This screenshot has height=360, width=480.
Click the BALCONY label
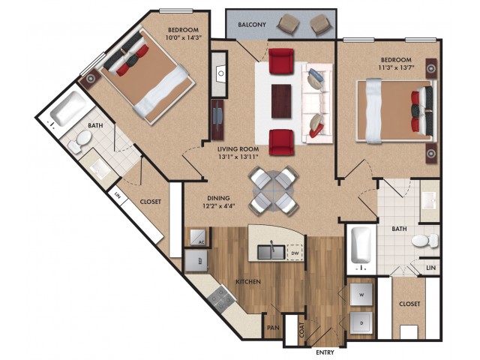pyautogui.click(x=252, y=25)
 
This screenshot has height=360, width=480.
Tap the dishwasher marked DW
pyautogui.click(x=295, y=253)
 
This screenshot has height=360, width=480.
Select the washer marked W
pyautogui.click(x=361, y=295)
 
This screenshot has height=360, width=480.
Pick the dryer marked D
pyautogui.click(x=361, y=323)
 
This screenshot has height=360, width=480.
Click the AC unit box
pyautogui.click(x=198, y=237)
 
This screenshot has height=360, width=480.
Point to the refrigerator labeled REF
pyautogui.click(x=196, y=261)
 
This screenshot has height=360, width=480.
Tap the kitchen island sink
pyautogui.click(x=271, y=252)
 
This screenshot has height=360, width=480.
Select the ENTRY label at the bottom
pyautogui.click(x=325, y=352)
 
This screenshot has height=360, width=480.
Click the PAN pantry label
pyautogui.click(x=273, y=328)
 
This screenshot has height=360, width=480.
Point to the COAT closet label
pyautogui.click(x=301, y=330)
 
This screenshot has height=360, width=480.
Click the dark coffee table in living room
pyautogui.click(x=281, y=101)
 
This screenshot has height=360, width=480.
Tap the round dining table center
pyautogui.click(x=274, y=191)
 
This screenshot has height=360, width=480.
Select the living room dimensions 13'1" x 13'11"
pyautogui.click(x=238, y=157)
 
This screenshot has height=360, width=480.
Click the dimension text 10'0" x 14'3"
pyautogui.click(x=183, y=38)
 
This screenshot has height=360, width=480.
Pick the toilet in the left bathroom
pyautogui.click(x=79, y=142)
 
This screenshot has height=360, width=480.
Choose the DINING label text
pyautogui.click(x=218, y=198)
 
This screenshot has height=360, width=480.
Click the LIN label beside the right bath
pyautogui.click(x=430, y=268)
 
